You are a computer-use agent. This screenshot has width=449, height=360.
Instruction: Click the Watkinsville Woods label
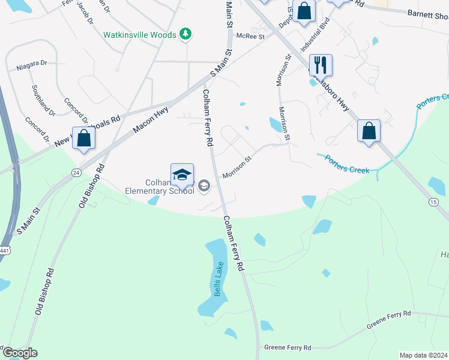coord(139,35)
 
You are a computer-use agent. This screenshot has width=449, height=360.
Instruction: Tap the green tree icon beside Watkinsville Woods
coord(186,34)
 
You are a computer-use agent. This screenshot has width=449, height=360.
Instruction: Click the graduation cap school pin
coord(182,174)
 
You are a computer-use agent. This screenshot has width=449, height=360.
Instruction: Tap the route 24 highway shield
coord(76,172)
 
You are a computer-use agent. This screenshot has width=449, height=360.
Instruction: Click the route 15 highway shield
coord(433,202)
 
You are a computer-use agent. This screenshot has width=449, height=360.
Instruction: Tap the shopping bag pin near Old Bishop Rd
coord(84,138)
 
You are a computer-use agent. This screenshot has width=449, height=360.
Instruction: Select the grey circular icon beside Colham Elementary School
coord(204,187)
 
